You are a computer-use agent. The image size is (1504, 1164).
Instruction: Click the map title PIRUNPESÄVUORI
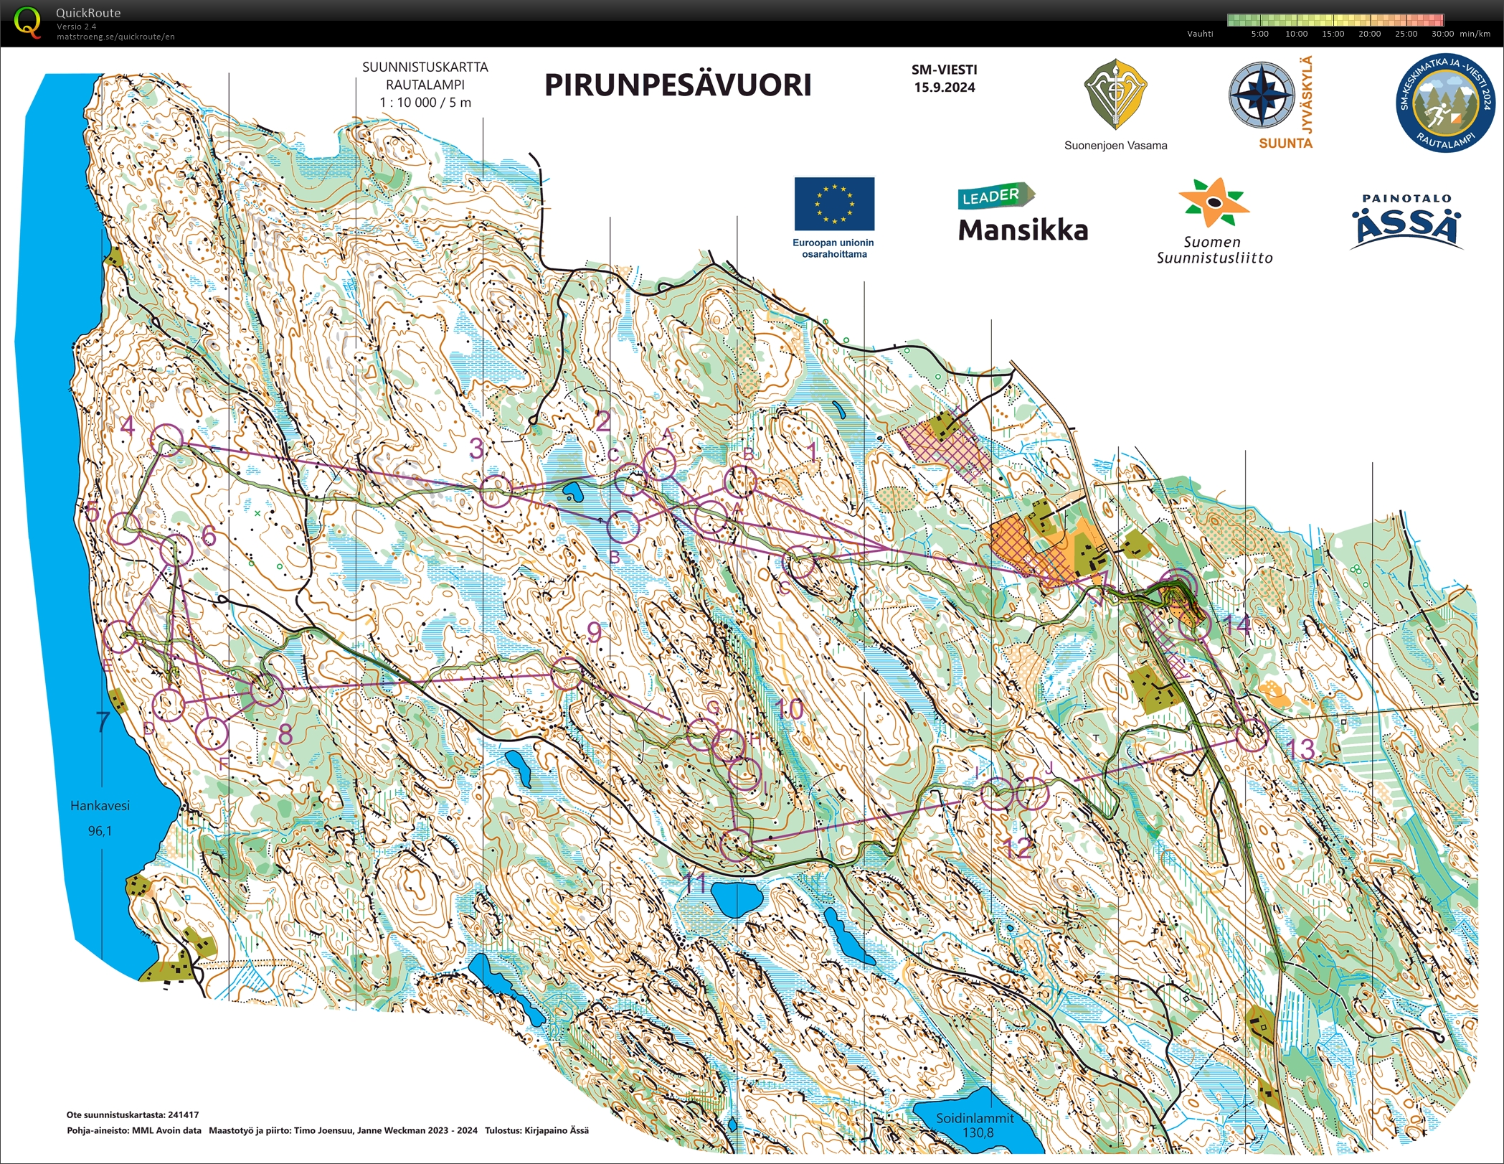point(677,85)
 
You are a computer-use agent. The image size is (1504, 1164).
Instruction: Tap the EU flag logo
point(833,204)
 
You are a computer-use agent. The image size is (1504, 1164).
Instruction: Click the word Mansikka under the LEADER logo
point(1023,230)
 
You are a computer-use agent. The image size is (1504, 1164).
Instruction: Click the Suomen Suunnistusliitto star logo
point(1213,203)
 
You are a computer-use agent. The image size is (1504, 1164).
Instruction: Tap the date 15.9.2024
point(944,88)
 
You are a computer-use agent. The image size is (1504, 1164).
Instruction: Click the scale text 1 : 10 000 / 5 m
point(425,103)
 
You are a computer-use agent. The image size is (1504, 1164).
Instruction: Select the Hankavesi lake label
point(100,806)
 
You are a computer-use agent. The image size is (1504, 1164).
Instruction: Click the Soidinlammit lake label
point(975,1118)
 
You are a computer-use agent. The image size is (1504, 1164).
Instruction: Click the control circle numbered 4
point(167,438)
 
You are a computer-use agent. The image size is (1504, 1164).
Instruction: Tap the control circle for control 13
point(1252,736)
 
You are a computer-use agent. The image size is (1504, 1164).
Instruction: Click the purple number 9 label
point(594,632)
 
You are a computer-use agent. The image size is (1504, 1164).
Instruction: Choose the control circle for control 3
point(496,491)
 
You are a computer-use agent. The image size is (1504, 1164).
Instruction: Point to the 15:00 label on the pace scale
point(1332,34)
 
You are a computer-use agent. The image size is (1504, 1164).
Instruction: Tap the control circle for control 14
point(1195,625)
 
